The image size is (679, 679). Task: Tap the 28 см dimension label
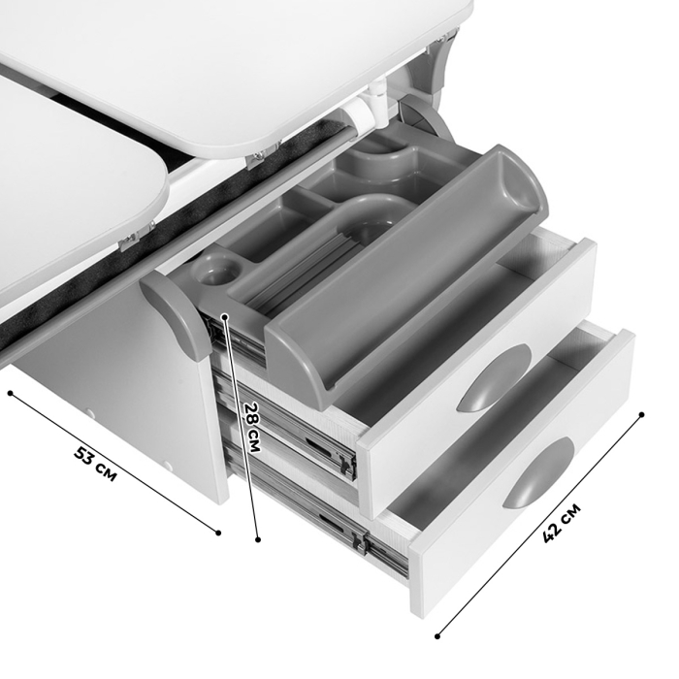coord(252,428)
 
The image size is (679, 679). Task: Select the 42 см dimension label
coord(562,523)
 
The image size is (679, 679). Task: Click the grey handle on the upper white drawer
coord(494,378)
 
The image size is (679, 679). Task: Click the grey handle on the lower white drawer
coord(538,472)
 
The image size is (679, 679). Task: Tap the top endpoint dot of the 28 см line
coord(225,317)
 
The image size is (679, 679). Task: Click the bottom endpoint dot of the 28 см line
coord(258,539)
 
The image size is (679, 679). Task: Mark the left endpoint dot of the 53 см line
coord(11,393)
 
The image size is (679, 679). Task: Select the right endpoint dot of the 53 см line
coord(218,533)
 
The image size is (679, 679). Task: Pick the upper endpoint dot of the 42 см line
coord(642,414)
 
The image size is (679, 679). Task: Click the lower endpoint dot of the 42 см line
coord(437,636)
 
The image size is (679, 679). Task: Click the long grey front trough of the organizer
coord(404,277)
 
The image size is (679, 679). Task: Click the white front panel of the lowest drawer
coord(523,473)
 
